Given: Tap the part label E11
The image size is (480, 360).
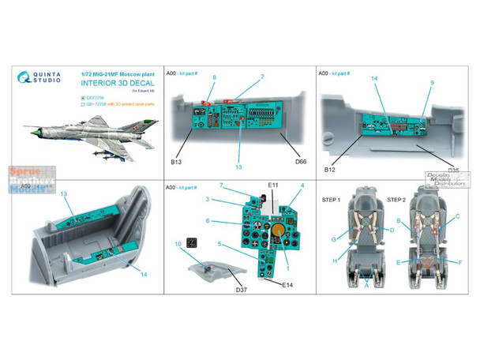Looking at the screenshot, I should [x=273, y=185].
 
